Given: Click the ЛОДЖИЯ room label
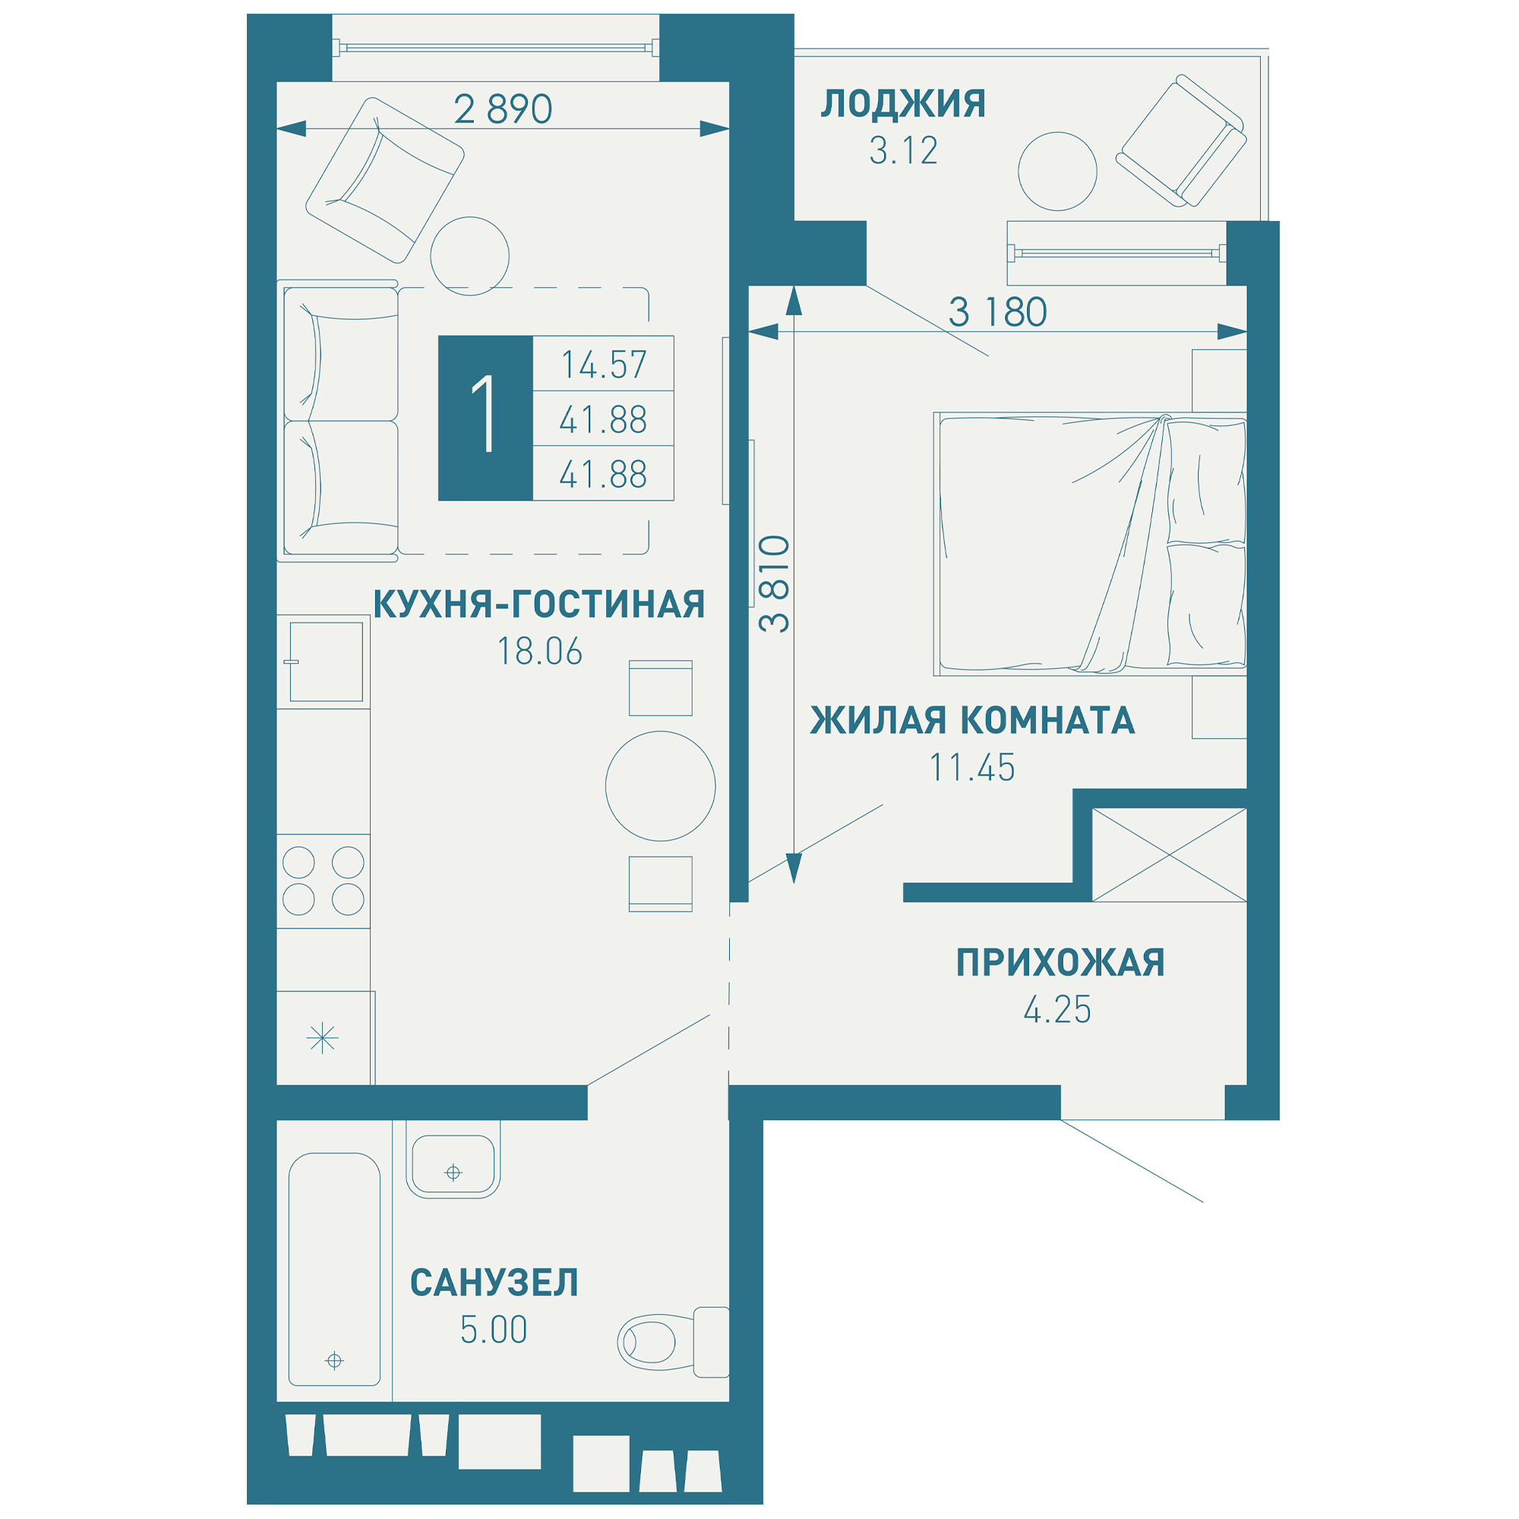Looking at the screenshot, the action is (902, 104).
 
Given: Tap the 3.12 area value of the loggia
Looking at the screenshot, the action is (903, 151).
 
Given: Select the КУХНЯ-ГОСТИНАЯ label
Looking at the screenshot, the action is (538, 604).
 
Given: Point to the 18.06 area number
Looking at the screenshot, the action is (539, 651).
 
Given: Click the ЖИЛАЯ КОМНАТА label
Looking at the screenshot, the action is (973, 720).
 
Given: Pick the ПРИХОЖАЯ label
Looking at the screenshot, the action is (1060, 962).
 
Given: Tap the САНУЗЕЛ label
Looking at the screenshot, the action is (494, 1282).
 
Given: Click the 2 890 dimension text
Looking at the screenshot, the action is (504, 109).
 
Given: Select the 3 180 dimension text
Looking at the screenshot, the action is (998, 312).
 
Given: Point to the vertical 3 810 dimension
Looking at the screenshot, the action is (775, 583).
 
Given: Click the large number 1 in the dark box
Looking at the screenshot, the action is (485, 414).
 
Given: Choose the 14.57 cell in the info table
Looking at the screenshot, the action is (604, 365).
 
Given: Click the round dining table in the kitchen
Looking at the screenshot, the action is (661, 786).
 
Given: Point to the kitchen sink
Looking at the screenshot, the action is (326, 662).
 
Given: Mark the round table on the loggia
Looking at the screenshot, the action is (1057, 172).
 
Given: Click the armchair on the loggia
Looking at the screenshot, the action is (1181, 141).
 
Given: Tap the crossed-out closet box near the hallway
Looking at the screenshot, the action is (1169, 854).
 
